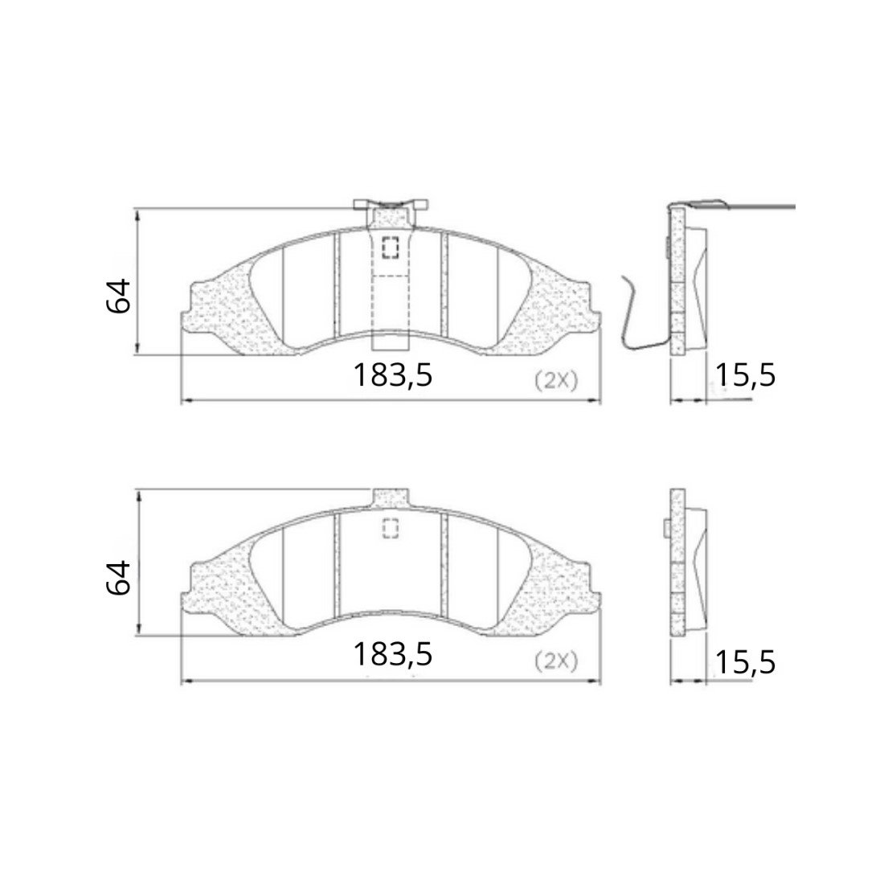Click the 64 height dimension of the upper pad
(118, 296)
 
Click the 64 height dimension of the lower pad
(118, 578)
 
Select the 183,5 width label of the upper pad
(393, 375)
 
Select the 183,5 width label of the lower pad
(393, 654)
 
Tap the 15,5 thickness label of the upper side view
(745, 375)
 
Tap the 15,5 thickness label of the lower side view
(745, 662)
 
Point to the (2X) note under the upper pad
(556, 381)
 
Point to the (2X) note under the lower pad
(556, 661)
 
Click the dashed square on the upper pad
(390, 248)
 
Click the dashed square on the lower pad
(390, 528)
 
